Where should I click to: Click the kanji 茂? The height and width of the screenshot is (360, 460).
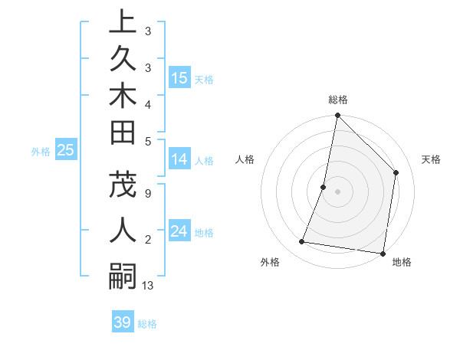click(x=123, y=183)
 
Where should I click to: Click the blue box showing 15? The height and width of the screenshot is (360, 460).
click(x=179, y=78)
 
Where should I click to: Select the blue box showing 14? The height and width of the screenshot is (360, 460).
click(x=179, y=159)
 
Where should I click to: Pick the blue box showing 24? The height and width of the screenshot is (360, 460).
click(x=179, y=231)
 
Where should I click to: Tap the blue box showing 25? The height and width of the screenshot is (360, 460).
click(x=66, y=150)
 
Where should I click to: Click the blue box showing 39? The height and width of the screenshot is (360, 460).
click(x=123, y=322)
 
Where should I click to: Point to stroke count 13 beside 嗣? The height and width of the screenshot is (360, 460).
click(x=148, y=286)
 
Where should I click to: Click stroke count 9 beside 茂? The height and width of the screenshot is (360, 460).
click(x=147, y=193)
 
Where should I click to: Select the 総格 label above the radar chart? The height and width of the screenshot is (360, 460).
click(x=337, y=100)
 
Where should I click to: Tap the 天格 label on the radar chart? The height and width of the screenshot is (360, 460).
click(x=431, y=159)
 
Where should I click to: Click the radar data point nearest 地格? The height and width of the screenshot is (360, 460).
click(x=383, y=254)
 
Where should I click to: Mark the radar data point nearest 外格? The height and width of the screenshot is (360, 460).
click(x=302, y=242)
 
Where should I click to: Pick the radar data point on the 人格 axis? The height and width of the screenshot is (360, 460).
click(x=324, y=187)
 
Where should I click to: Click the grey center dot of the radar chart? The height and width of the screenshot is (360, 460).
click(x=337, y=191)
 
